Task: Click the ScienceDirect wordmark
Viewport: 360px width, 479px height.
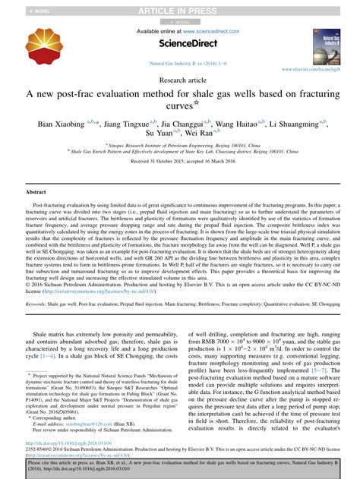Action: click(179, 43)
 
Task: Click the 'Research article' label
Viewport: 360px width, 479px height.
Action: click(179, 78)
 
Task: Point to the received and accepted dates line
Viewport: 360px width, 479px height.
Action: click(179, 162)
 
